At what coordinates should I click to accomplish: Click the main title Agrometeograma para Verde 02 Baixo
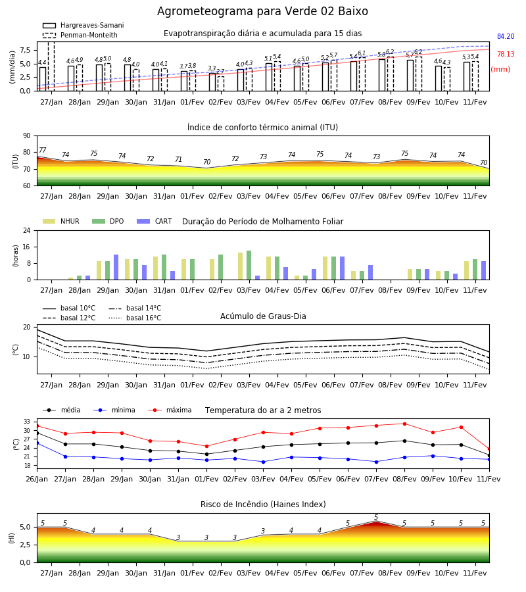tap(262, 11)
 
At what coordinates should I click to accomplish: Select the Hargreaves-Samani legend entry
tap(84, 25)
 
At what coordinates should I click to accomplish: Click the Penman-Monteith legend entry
tap(80, 35)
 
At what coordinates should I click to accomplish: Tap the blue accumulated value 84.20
tap(506, 37)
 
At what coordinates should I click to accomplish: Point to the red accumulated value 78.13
tap(506, 55)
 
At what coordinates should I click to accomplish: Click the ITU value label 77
tap(42, 150)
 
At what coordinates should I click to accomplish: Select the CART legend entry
tap(155, 221)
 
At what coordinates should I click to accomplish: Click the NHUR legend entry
tap(61, 221)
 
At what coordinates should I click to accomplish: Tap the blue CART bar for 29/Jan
tap(116, 267)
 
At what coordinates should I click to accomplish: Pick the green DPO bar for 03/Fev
tap(249, 265)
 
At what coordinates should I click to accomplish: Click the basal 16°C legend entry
tap(135, 318)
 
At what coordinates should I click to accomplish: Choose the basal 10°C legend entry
tap(69, 308)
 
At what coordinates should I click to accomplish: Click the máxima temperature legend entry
tap(170, 410)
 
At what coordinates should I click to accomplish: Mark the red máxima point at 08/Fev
tap(405, 424)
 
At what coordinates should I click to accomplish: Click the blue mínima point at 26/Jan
tap(37, 443)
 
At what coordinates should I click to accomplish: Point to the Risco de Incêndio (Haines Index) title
tap(263, 505)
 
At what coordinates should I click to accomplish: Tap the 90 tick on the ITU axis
tap(27, 136)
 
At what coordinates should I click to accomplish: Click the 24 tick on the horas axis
tap(27, 230)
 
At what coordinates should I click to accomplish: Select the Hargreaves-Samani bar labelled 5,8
tap(382, 75)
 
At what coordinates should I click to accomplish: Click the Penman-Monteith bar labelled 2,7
tap(221, 84)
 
